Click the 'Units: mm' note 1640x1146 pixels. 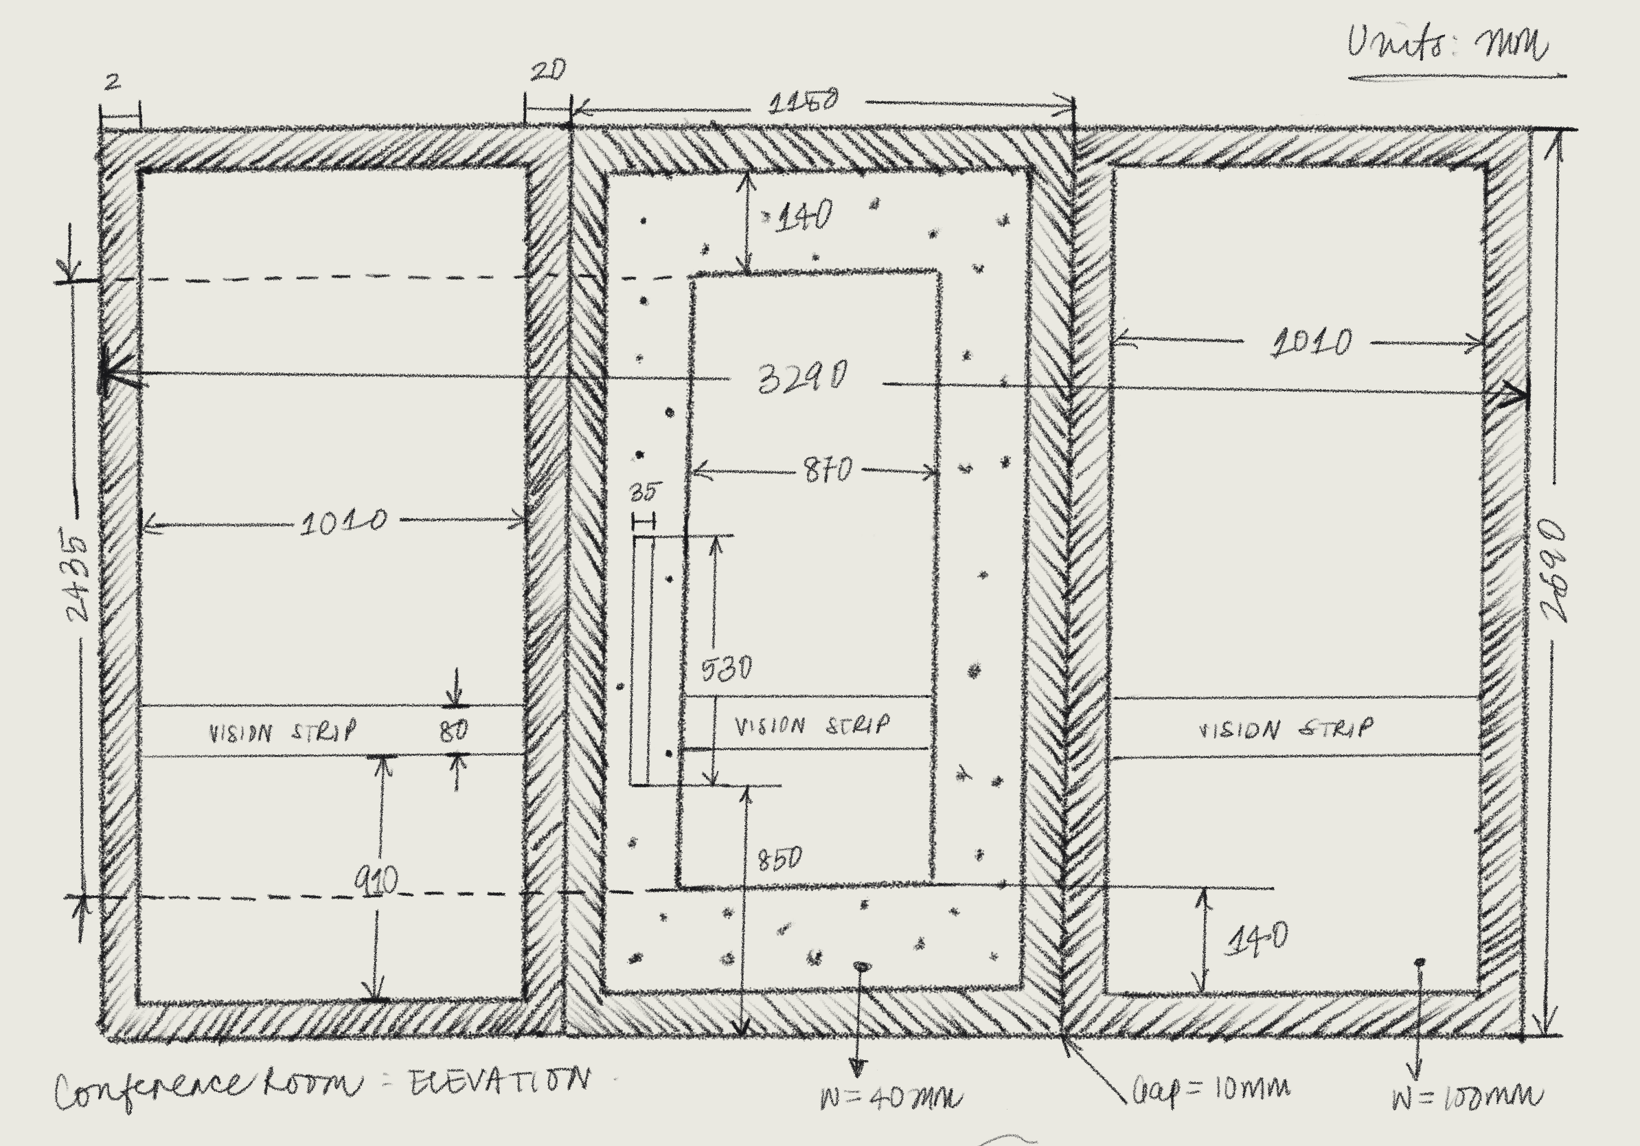point(1448,44)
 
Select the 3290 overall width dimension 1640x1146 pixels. point(803,377)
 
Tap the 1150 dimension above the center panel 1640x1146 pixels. point(803,102)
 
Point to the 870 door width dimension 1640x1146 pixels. point(828,470)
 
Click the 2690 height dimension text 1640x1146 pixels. point(1553,572)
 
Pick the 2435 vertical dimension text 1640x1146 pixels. point(78,576)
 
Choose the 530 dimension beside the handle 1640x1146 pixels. point(727,668)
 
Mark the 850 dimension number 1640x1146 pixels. point(779,859)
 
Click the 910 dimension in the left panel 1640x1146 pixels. point(376,881)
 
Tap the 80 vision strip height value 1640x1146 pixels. point(453,731)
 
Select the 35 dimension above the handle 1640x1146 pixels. point(644,492)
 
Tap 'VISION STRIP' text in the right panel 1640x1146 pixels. point(1285,729)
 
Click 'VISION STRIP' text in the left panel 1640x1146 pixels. point(282,732)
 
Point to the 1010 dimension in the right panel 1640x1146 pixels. point(1312,343)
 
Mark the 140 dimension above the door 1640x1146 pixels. point(804,216)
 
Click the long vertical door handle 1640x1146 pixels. point(641,661)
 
